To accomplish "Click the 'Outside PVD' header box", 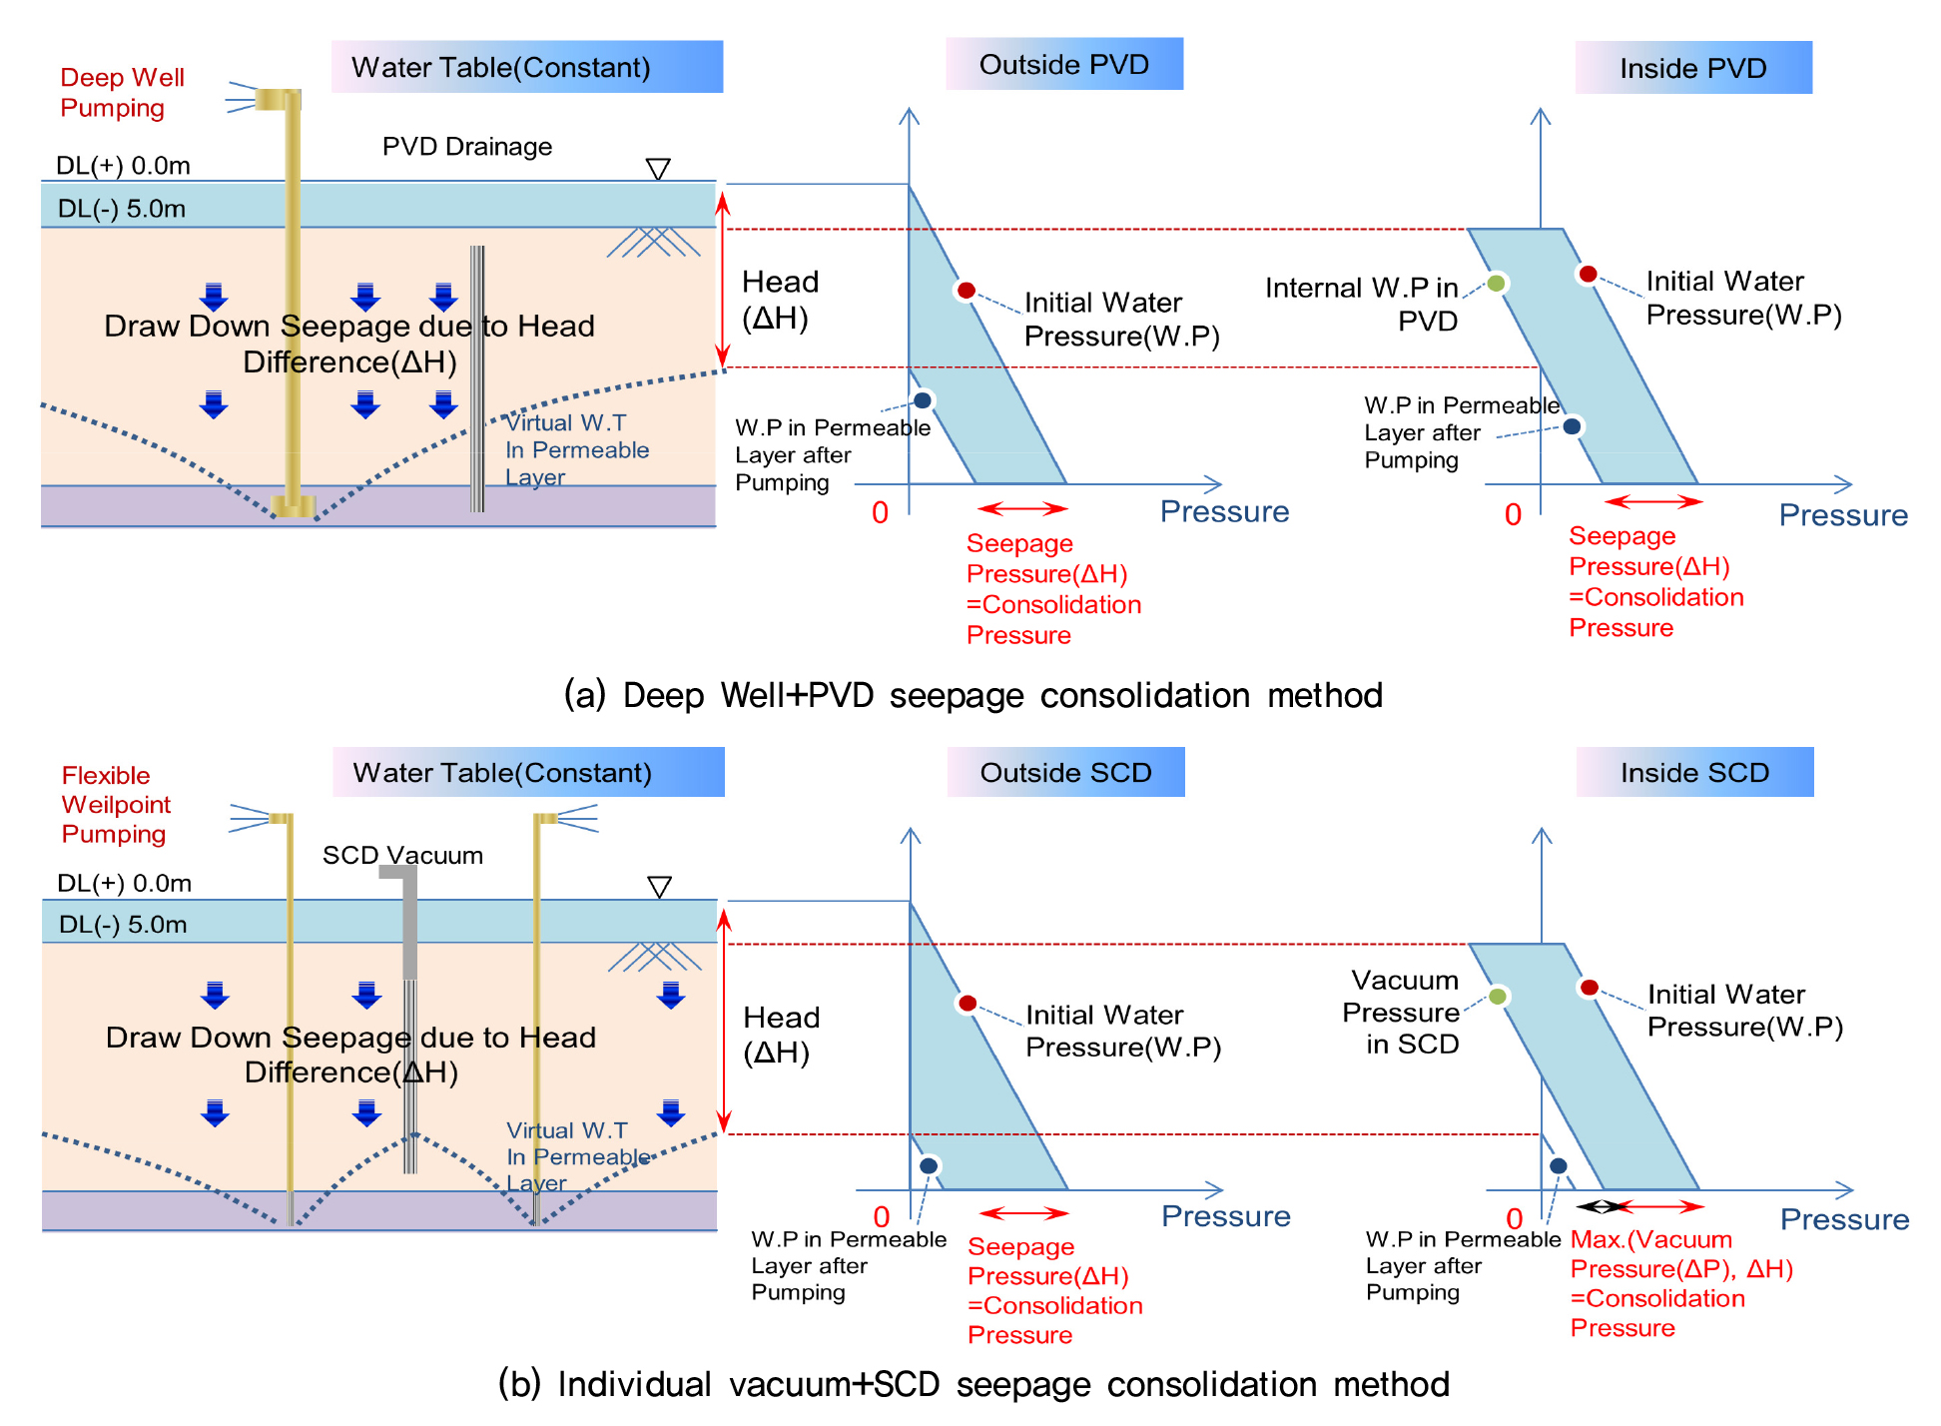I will point(1064,65).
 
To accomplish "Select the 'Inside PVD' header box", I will point(1693,68).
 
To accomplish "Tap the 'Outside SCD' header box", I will point(1065,772).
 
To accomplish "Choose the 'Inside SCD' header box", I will point(1694,772).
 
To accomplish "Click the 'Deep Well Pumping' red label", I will point(122,92).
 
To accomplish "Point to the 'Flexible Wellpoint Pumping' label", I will point(116,805).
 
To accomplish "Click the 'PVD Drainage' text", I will point(466,147).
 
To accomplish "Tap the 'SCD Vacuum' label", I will point(402,855).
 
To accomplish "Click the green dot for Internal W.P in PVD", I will point(1496,284).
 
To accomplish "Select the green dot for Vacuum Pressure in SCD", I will point(1498,997).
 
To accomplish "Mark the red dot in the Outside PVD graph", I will point(966,291).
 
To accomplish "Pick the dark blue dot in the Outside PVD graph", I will point(923,400).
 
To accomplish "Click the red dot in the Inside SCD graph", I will point(1589,988).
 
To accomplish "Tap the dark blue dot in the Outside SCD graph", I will point(929,1165).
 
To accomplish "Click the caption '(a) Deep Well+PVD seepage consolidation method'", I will point(972,695).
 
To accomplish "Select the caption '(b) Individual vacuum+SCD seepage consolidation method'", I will point(973,1384).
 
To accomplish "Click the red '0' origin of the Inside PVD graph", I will point(1513,515).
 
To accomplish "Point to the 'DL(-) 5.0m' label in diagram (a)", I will point(122,209).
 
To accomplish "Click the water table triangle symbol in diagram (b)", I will point(659,887).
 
